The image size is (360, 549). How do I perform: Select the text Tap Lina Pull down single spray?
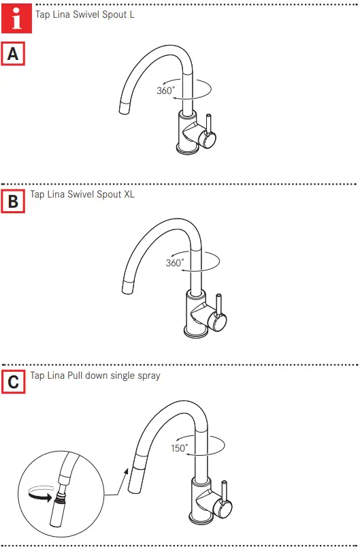click(95, 375)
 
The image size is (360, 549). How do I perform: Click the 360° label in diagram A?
click(166, 90)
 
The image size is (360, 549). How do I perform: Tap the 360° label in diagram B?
click(175, 262)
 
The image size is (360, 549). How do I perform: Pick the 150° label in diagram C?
click(180, 448)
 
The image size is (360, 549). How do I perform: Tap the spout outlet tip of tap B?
click(127, 287)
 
